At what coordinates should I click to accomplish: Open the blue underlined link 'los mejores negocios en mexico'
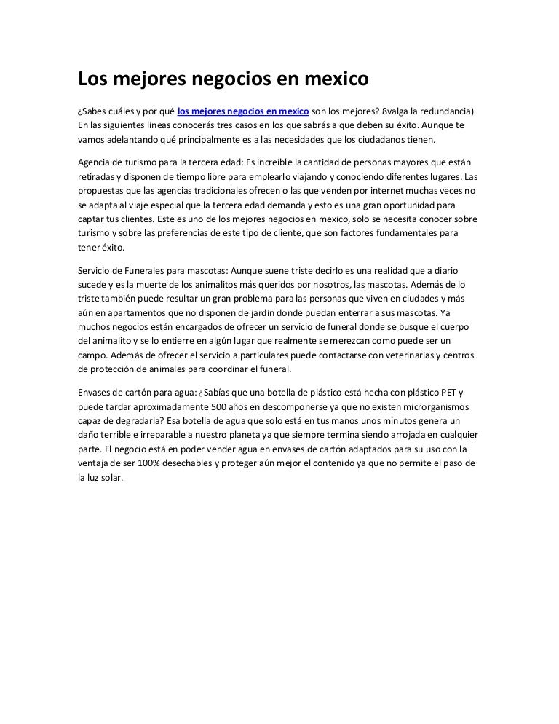pyautogui.click(x=243, y=111)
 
